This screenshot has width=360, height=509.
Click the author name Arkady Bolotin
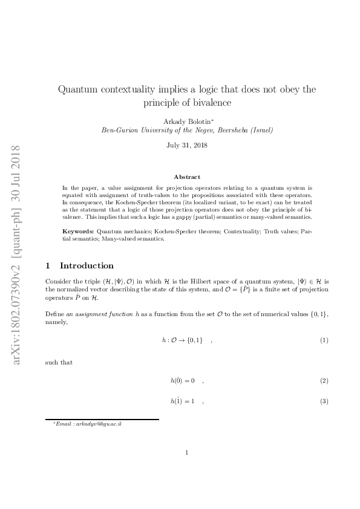coord(186,122)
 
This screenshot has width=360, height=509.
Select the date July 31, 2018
coord(187,145)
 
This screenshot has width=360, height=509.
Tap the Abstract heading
coord(187,177)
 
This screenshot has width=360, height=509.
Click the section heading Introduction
coord(87,265)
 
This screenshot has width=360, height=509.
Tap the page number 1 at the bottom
coord(187,452)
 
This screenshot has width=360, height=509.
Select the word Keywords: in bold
coord(79,232)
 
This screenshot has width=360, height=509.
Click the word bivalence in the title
coord(209,103)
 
